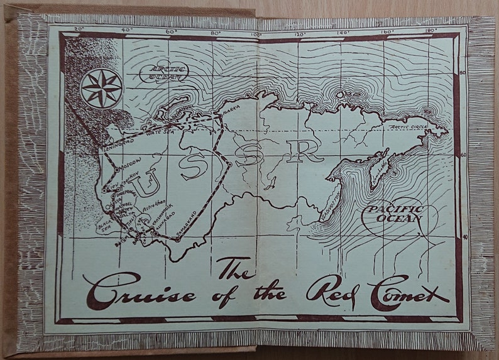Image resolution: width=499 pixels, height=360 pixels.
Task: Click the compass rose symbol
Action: pos(102,88)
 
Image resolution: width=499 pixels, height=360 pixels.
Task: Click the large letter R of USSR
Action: pos(304,150)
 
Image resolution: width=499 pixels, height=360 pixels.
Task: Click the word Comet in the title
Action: pos(409,292)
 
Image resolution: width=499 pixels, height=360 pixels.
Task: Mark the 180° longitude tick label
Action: pos(430,29)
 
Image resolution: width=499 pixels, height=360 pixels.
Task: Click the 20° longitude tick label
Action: pos(79,29)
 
